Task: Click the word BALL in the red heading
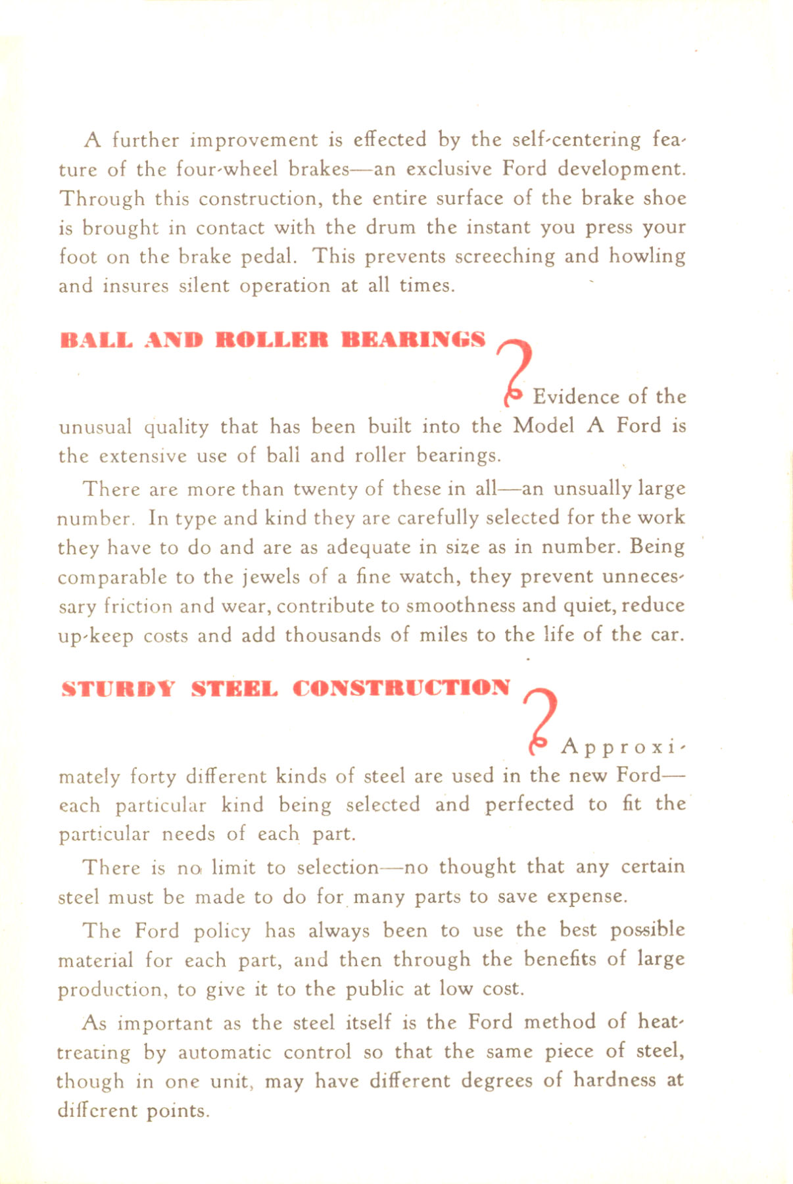(x=96, y=340)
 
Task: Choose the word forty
(x=153, y=777)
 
